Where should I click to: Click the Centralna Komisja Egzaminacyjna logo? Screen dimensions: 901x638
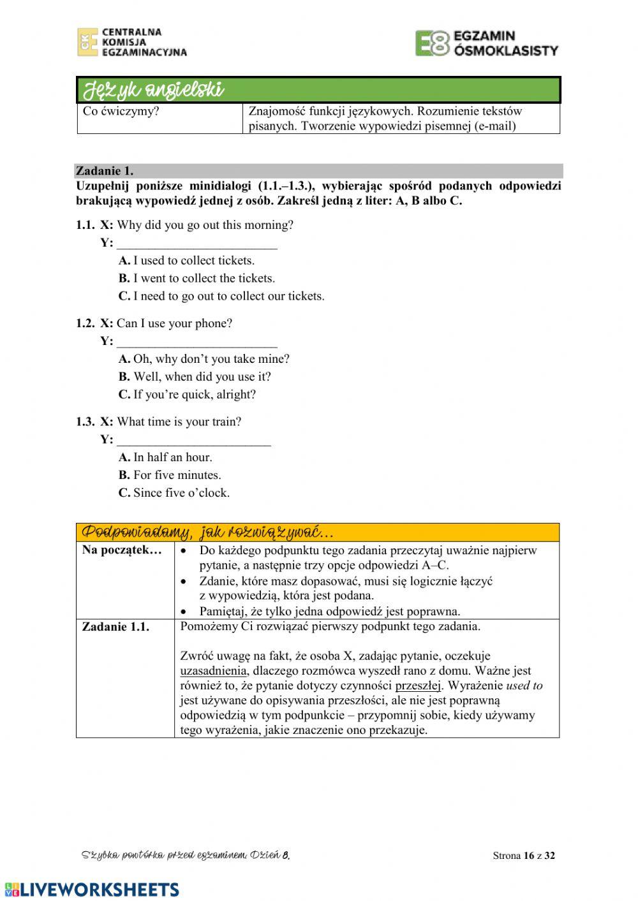click(132, 42)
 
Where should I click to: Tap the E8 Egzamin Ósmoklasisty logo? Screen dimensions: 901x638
click(486, 43)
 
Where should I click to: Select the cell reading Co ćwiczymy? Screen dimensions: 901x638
click(121, 112)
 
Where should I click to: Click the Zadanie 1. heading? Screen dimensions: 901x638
click(105, 171)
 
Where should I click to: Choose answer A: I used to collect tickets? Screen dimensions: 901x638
click(186, 261)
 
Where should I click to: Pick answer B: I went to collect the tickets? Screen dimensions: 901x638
click(197, 279)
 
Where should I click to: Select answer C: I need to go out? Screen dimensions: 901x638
click(221, 297)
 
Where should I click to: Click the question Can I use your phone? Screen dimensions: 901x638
click(174, 323)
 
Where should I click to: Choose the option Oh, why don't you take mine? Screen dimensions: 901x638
click(204, 359)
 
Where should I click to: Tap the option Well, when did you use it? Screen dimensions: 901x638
click(195, 377)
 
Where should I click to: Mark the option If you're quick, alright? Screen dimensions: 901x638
click(187, 395)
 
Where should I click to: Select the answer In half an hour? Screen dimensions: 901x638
click(165, 457)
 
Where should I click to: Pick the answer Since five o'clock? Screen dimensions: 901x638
click(174, 493)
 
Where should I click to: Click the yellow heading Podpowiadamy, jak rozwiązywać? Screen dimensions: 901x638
click(207, 532)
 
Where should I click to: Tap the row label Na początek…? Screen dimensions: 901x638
click(122, 550)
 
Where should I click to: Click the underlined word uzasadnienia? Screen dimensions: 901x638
click(213, 671)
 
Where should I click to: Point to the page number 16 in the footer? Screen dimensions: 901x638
click(528, 856)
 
